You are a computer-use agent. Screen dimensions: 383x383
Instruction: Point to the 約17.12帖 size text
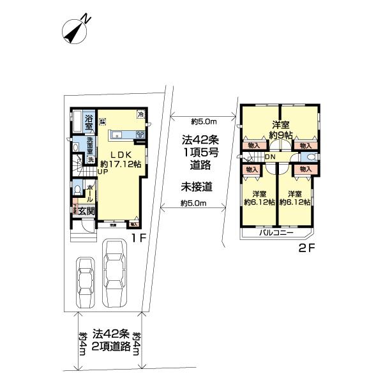pyautogui.click(x=121, y=164)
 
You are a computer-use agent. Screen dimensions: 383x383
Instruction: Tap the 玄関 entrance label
pyautogui.click(x=88, y=211)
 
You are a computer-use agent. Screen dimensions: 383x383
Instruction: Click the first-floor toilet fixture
pyautogui.click(x=77, y=190)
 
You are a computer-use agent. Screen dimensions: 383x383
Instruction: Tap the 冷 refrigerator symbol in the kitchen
pyautogui.click(x=140, y=114)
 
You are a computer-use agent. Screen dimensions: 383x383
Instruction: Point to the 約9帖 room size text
pyautogui.click(x=280, y=135)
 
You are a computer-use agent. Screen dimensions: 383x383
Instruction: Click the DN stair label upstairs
pyautogui.click(x=270, y=158)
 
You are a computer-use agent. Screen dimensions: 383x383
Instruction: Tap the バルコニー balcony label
pyautogui.click(x=276, y=233)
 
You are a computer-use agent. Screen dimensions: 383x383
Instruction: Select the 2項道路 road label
pyautogui.click(x=112, y=347)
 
